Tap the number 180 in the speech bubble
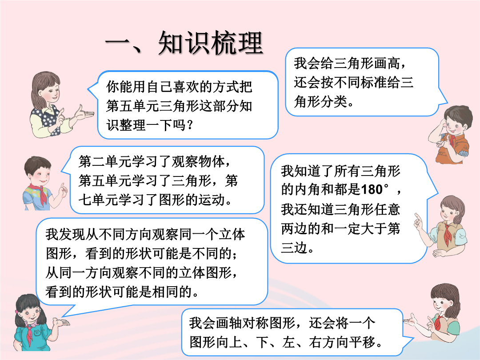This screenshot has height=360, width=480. point(372,190)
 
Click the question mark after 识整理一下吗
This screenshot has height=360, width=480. point(190,125)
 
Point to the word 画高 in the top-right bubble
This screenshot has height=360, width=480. point(387,64)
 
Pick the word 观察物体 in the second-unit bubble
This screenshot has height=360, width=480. point(198,162)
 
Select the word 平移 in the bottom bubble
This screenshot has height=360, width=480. point(363,342)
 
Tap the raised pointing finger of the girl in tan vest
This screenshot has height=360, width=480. point(416,217)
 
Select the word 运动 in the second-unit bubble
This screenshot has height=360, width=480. point(212,200)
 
